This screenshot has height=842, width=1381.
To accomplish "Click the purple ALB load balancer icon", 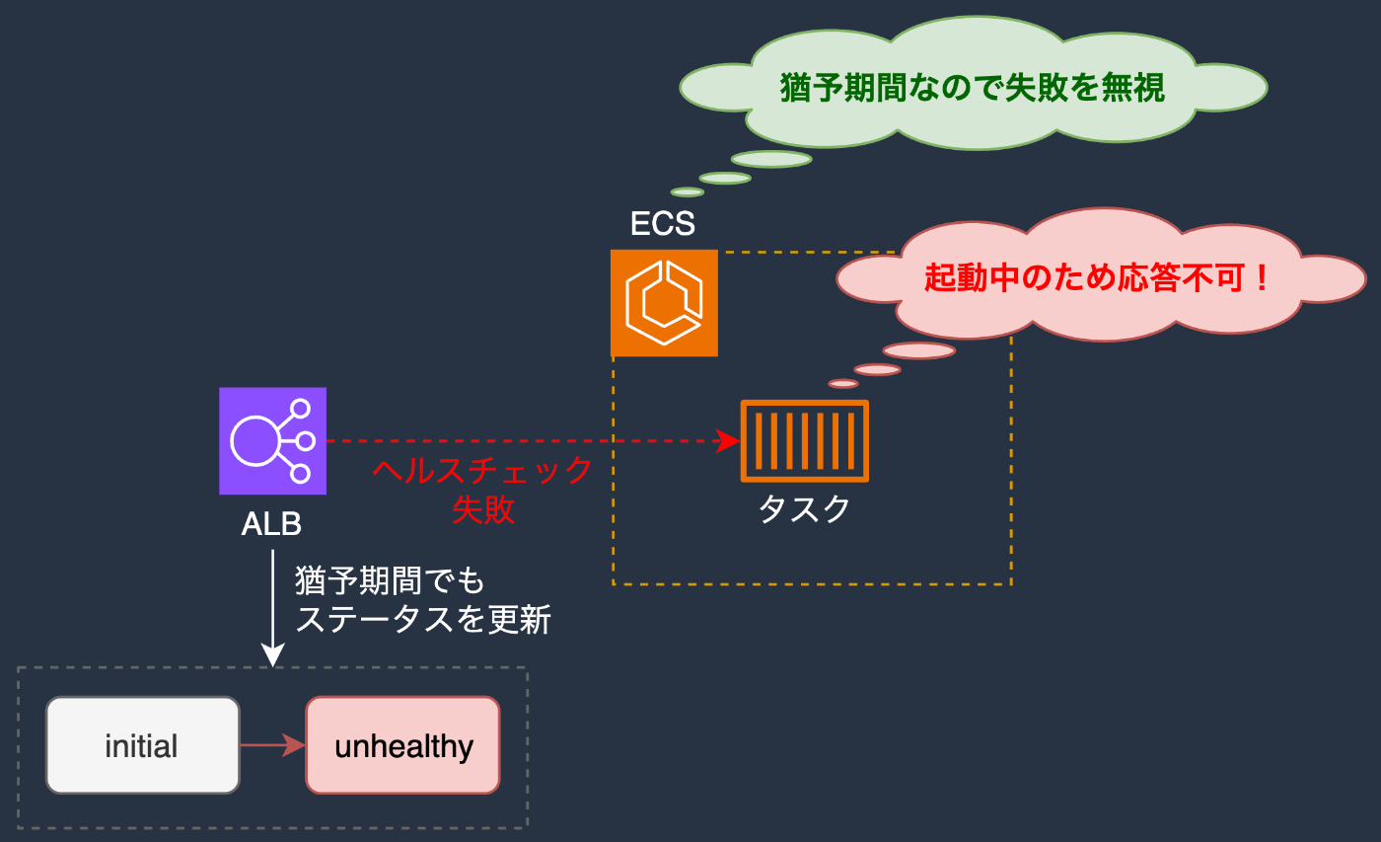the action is (x=272, y=441).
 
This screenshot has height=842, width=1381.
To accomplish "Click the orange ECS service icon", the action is (x=664, y=303).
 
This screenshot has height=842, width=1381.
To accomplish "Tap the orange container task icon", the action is (x=805, y=441).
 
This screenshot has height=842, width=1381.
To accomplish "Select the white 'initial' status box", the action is (x=142, y=745).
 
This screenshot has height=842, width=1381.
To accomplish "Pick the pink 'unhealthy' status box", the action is (x=402, y=745).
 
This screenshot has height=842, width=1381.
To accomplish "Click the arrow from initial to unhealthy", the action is (x=272, y=745).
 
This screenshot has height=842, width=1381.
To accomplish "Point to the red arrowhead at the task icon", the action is (x=729, y=441).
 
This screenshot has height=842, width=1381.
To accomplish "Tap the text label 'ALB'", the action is (x=271, y=524).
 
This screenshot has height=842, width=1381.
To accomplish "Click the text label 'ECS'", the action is (x=663, y=223).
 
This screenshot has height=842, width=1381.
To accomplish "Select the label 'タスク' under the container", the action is (x=805, y=509).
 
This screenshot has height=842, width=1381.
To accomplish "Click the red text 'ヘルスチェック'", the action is (x=482, y=471).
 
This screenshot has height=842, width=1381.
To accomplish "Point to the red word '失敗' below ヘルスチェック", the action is (x=482, y=509).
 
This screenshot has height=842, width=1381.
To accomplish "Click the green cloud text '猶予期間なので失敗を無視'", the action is (x=973, y=87).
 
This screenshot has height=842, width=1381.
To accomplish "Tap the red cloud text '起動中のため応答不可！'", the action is (x=1097, y=277).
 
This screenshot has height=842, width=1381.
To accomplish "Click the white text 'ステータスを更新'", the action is (x=423, y=619).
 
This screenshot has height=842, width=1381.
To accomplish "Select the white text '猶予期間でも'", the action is (x=390, y=580).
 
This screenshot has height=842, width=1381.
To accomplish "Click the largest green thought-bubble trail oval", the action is (x=771, y=159).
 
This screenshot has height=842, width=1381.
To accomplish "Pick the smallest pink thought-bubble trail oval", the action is (x=842, y=384).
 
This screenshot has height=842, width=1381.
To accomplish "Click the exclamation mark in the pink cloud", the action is (x=1262, y=277).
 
